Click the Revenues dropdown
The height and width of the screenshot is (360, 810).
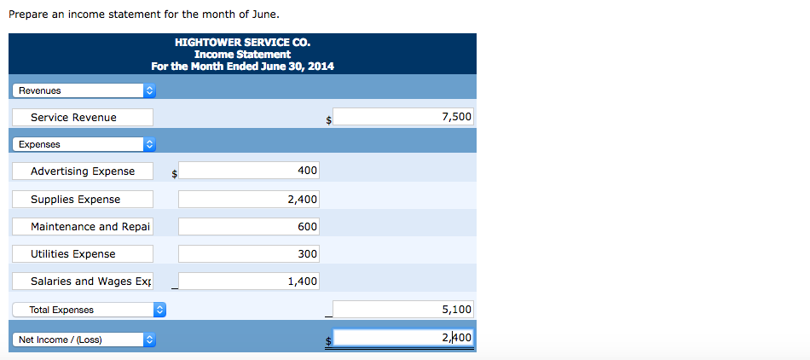click(x=84, y=90)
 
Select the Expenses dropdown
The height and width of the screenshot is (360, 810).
click(x=84, y=144)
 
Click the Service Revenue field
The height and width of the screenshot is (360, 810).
click(x=83, y=117)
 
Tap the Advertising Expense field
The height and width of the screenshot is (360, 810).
click(x=83, y=171)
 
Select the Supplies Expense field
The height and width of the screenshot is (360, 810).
click(x=83, y=199)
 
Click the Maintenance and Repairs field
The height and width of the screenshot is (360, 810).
click(x=83, y=226)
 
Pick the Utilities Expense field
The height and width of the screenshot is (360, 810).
click(x=83, y=253)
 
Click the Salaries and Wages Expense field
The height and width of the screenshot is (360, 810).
click(x=83, y=281)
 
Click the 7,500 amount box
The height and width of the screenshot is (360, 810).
click(x=403, y=117)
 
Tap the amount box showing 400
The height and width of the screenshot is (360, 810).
click(x=249, y=171)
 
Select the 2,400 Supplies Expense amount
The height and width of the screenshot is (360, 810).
click(x=249, y=199)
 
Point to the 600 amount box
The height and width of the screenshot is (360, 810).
click(x=249, y=226)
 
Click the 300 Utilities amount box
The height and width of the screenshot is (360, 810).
click(x=249, y=253)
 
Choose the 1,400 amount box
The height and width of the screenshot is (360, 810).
click(x=249, y=281)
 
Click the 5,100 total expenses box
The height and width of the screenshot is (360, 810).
click(x=403, y=310)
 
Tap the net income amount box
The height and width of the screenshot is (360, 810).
click(x=403, y=338)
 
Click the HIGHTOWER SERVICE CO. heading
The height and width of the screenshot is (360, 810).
click(x=242, y=42)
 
